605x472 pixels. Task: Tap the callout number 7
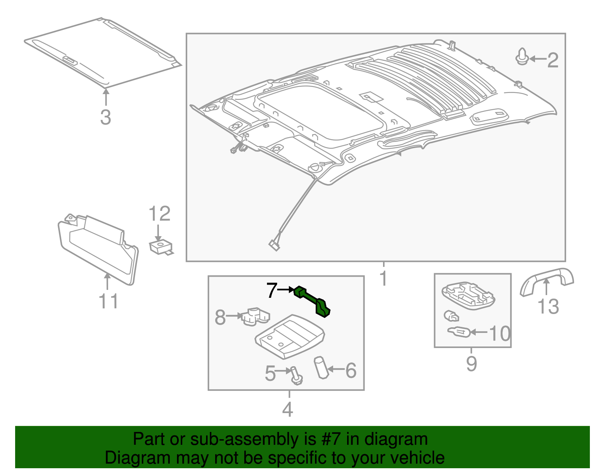pyautogui.click(x=272, y=290)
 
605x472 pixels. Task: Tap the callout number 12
pyautogui.click(x=160, y=214)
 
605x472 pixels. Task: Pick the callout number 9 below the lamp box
pyautogui.click(x=472, y=364)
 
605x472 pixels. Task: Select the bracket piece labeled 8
pyautogui.click(x=255, y=316)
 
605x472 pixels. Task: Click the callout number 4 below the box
pyautogui.click(x=287, y=409)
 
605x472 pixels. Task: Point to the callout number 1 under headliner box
pyautogui.click(x=383, y=279)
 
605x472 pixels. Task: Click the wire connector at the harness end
pyautogui.click(x=274, y=245)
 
